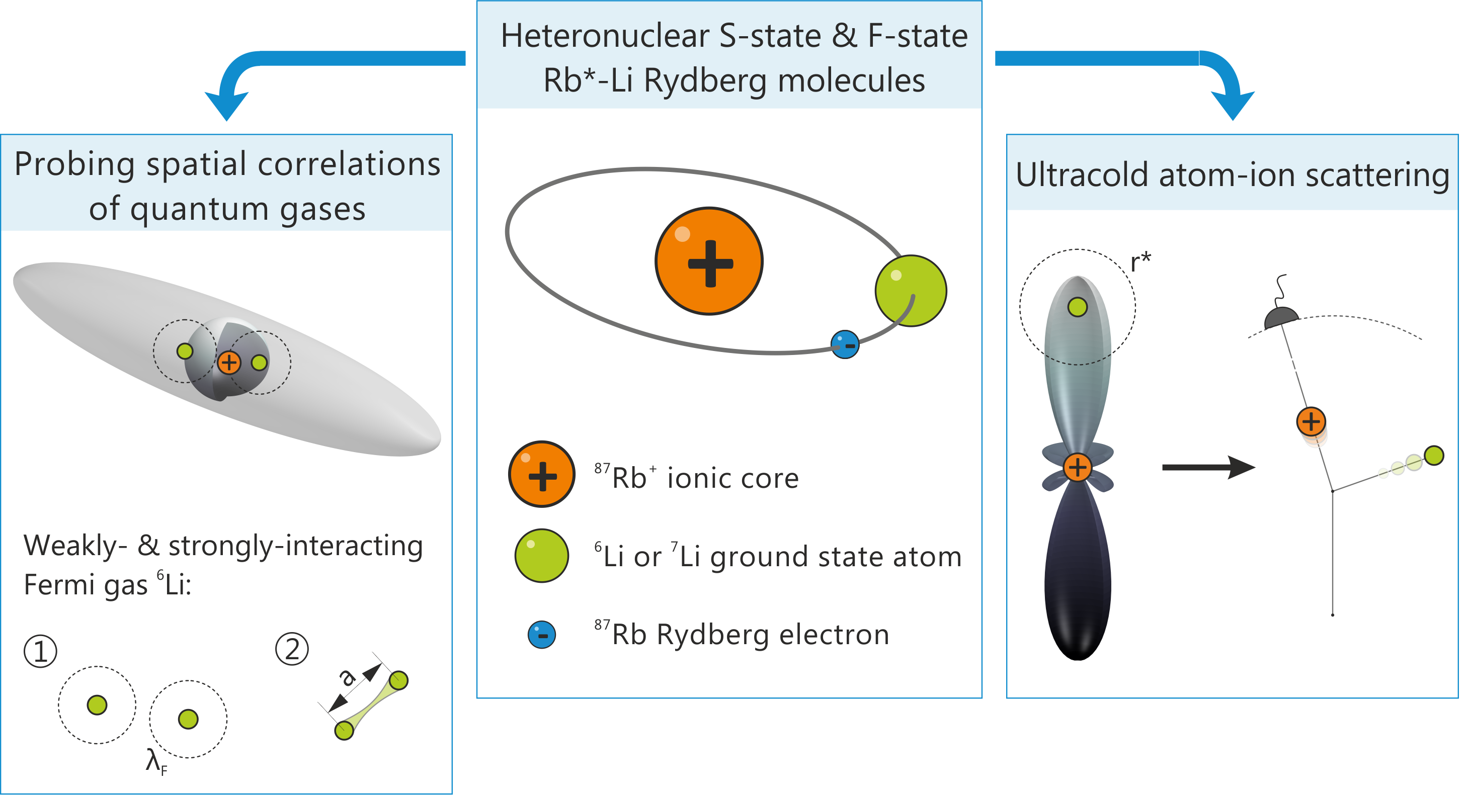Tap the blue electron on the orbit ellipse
tap(845, 344)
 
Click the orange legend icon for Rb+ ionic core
tap(541, 474)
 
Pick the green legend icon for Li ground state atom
tap(541, 556)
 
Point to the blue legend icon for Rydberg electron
tap(541, 635)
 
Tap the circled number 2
tap(292, 650)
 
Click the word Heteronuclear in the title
tap(605, 37)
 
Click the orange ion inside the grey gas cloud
tap(229, 362)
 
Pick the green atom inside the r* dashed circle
tap(1078, 307)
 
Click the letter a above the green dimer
tap(347, 677)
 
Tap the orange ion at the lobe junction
tap(1078, 468)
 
